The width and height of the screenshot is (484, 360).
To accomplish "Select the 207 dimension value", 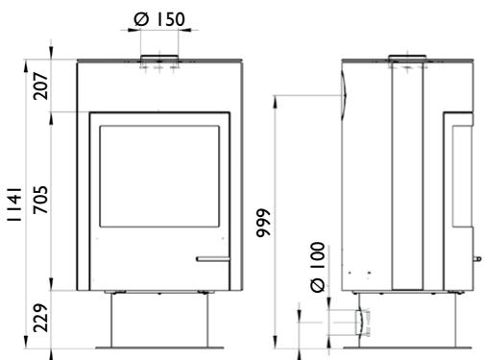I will pyautogui.click(x=41, y=86).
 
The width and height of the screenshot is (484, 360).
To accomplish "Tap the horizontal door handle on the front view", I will pyautogui.click(x=212, y=258).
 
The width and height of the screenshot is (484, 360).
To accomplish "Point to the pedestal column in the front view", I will pyautogui.click(x=159, y=317).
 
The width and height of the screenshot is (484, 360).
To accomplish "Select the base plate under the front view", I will pyautogui.click(x=159, y=347).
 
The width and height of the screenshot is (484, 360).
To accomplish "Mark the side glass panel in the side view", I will pyautogui.click(x=455, y=173).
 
